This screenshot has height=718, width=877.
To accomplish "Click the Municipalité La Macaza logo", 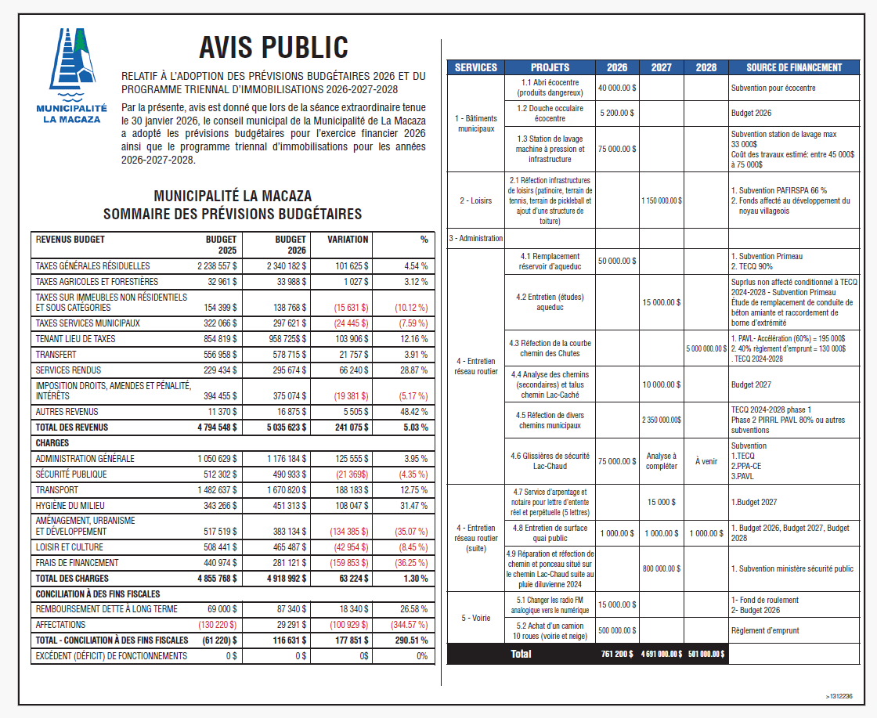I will tap(72, 75).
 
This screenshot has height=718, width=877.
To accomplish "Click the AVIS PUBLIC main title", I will tap(273, 47).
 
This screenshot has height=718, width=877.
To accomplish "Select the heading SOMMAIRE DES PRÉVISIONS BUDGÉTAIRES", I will tap(233, 214).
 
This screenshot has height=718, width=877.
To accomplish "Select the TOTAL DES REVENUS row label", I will tap(72, 428).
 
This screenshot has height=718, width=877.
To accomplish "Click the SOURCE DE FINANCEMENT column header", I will tap(793, 67).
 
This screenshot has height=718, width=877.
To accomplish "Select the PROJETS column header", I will tap(550, 67).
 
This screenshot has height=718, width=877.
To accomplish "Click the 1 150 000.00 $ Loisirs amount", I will tap(662, 200).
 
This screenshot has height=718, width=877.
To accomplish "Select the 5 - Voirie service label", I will tap(475, 617).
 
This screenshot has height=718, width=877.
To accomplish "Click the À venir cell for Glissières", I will tap(706, 461).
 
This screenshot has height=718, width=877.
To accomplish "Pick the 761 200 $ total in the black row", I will tap(617, 654).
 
